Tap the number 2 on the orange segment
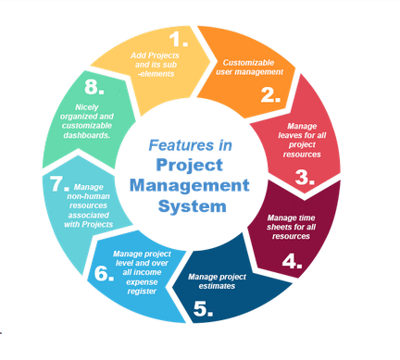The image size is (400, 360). (270, 93)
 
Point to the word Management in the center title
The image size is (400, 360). (202, 185)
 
